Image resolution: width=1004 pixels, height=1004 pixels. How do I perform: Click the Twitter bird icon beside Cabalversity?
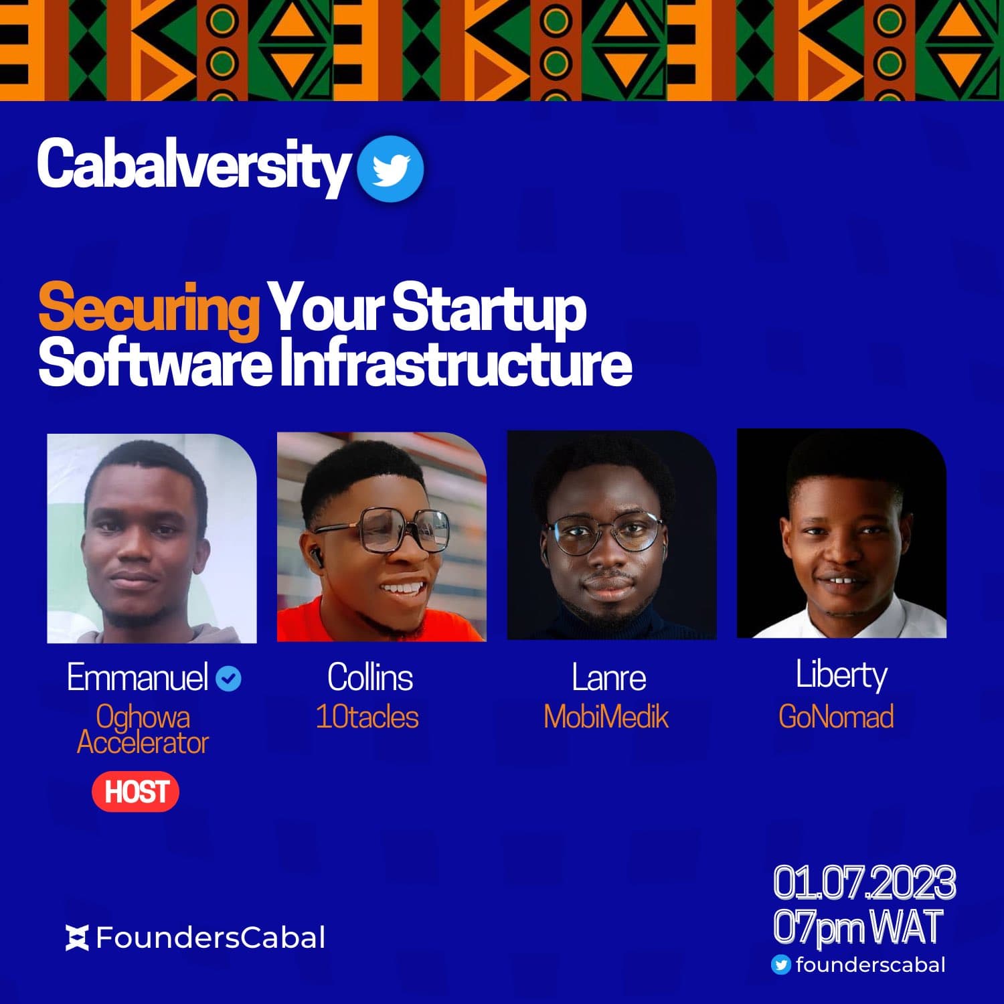[x=390, y=168]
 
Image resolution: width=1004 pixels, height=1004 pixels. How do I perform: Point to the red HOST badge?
[x=136, y=792]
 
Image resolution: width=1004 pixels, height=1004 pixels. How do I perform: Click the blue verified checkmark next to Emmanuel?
[x=229, y=679]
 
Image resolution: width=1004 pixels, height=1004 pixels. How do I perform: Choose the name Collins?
[x=370, y=677]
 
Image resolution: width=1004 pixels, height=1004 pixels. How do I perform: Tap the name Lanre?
[x=608, y=677]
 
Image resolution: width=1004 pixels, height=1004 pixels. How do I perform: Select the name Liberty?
[x=841, y=675]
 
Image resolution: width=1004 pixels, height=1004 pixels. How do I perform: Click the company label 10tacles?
[x=367, y=717]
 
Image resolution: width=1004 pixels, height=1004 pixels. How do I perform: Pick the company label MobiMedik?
[x=606, y=717]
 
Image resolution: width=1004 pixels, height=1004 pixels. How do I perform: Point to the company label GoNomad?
[x=836, y=717]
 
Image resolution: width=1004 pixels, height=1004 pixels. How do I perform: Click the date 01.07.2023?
[x=864, y=883]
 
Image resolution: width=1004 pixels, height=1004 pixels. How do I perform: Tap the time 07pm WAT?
[x=857, y=928]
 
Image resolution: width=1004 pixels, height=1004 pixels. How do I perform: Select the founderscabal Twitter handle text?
[x=870, y=965]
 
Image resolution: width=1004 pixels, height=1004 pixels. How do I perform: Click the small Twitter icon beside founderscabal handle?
[x=780, y=965]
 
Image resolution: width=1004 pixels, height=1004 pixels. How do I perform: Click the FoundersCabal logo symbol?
[x=77, y=938]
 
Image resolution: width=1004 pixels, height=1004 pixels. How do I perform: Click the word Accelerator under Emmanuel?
[x=143, y=742]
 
